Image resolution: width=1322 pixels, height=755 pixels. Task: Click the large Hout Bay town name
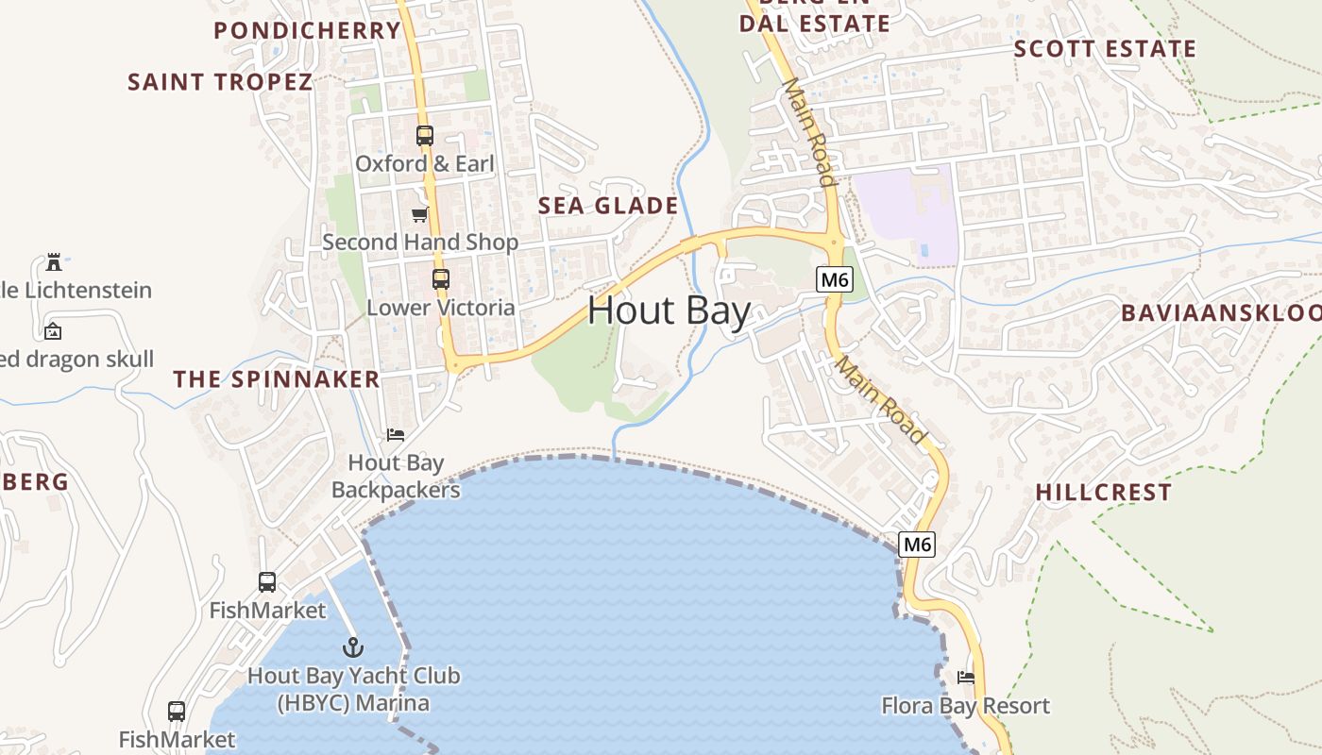669,310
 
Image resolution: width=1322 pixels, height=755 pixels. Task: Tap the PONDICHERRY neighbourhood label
308,30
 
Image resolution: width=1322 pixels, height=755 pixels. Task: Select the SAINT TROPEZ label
220,82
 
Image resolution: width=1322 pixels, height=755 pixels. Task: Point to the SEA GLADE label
608,206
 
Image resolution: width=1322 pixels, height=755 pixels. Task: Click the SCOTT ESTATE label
1105,49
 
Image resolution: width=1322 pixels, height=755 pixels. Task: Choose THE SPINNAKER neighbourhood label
276,379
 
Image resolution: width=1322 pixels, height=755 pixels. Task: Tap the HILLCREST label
1103,493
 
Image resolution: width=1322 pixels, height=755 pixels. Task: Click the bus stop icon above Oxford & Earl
425,136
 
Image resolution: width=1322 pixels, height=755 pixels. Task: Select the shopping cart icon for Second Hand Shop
419,215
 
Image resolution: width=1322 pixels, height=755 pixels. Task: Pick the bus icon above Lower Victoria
441,279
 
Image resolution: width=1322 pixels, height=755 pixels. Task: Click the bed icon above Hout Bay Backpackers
396,435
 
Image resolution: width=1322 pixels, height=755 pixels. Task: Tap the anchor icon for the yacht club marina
352,647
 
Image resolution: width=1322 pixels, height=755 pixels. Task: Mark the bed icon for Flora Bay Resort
965,678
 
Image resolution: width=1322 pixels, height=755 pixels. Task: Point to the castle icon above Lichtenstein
54,261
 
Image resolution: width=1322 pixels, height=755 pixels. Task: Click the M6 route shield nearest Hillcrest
917,544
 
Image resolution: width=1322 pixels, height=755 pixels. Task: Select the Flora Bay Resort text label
965,706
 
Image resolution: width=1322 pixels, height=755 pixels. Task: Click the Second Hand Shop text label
420,243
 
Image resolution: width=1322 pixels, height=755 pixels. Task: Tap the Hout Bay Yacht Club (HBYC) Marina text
353,690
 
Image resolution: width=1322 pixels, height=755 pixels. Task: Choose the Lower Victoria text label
441,308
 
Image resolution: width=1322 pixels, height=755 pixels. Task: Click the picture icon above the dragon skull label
53,331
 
